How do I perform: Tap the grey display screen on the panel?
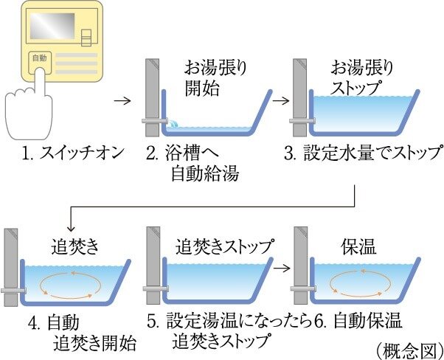52,31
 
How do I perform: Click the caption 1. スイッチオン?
63,155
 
